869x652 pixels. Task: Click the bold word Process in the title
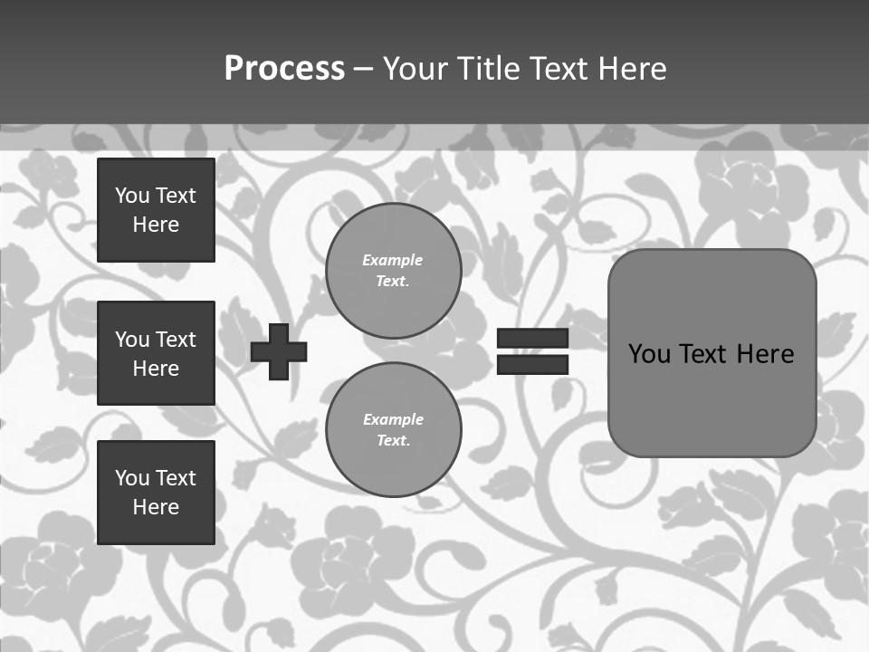[x=284, y=69]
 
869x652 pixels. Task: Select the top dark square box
[x=156, y=210]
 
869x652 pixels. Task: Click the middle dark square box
[x=156, y=353]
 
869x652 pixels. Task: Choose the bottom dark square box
[x=156, y=493]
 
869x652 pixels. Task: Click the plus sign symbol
[x=279, y=351]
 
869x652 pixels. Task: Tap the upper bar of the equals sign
[x=532, y=339]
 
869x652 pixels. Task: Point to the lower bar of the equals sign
[x=532, y=364]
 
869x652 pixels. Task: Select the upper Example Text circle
[x=393, y=270]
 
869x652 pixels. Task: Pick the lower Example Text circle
[x=393, y=429]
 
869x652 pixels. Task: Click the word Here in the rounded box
[x=765, y=354]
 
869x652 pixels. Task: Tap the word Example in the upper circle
[x=393, y=260]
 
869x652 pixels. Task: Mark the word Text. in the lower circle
[x=393, y=441]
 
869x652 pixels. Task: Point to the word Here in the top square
[x=156, y=225]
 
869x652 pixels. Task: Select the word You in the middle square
[x=132, y=340]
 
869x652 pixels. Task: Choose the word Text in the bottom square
[x=176, y=478]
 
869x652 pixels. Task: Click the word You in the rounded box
[x=649, y=354]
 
